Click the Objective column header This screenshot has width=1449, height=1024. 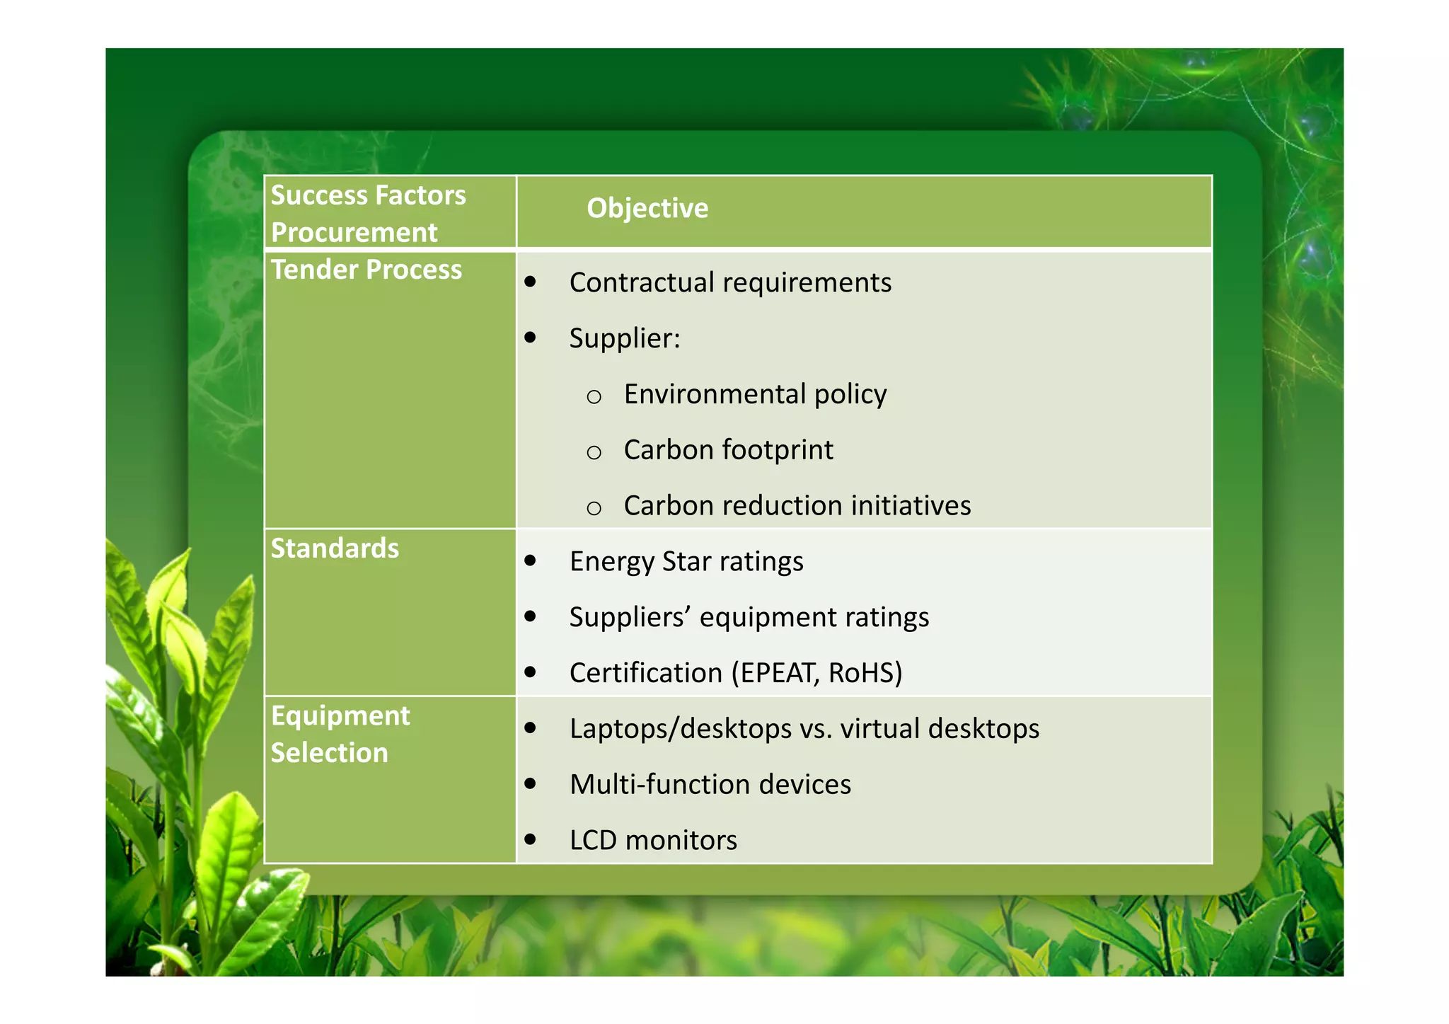click(x=647, y=208)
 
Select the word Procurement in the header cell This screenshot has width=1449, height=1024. click(x=354, y=233)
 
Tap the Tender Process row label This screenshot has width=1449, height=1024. click(x=366, y=270)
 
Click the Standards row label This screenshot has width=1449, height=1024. click(x=335, y=548)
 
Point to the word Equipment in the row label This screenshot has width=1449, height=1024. click(x=340, y=715)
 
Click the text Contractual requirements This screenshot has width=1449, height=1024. click(x=729, y=282)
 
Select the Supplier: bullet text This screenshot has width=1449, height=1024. click(x=624, y=338)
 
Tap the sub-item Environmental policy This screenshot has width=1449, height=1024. click(x=754, y=394)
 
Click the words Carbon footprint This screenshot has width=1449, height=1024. click(x=728, y=450)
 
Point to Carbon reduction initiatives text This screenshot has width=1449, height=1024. click(x=797, y=506)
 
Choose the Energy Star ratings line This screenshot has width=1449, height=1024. click(x=686, y=562)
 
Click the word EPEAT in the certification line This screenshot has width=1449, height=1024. click(x=776, y=673)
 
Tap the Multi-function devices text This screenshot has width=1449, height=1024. click(x=710, y=785)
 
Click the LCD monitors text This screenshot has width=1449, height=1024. click(x=652, y=841)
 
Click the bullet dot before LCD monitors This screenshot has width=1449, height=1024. click(x=530, y=840)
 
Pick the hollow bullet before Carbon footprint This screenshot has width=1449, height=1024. click(x=594, y=452)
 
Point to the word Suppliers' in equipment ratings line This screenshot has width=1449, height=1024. click(x=629, y=617)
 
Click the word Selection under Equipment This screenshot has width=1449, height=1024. click(x=329, y=753)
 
